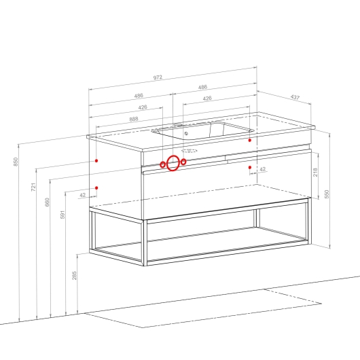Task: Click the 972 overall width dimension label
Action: tap(158, 77)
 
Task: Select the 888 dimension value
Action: tap(134, 119)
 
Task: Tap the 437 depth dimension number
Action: tap(295, 97)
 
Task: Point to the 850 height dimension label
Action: tap(16, 162)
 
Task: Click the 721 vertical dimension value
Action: tap(33, 187)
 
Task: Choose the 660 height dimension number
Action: tap(47, 202)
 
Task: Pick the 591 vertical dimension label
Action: tap(62, 215)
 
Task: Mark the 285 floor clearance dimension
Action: tap(74, 276)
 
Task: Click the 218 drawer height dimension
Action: tap(315, 173)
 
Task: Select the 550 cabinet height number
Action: tap(327, 194)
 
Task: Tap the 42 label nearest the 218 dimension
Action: tap(262, 169)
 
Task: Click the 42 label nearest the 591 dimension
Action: tap(82, 195)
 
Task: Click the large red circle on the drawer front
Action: tap(173, 163)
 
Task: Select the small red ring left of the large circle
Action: tap(162, 164)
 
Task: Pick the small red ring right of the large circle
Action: tap(183, 162)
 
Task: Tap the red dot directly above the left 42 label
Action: tap(96, 187)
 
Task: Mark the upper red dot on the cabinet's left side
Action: tap(96, 161)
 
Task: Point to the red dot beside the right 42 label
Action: tap(250, 167)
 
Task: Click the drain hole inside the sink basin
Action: tap(186, 133)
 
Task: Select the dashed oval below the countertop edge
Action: tap(190, 151)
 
